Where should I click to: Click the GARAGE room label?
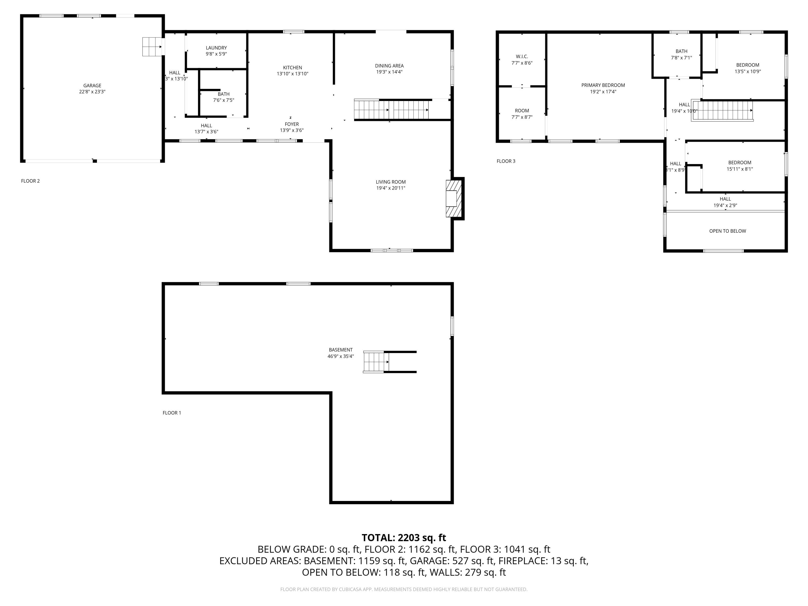point(92,85)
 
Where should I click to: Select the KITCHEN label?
point(292,68)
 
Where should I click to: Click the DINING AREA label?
point(389,66)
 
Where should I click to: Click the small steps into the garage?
point(152,47)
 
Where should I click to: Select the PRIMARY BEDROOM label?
point(603,85)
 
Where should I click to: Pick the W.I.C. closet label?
point(522,57)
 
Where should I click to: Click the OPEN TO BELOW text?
point(727,231)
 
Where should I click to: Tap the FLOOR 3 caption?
point(506,161)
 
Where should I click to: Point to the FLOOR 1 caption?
point(172,413)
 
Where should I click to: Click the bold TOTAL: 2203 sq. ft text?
point(404,538)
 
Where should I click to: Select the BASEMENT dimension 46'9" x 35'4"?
point(340,356)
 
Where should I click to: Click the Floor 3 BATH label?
point(681,51)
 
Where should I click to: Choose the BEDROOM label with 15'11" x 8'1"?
point(739,163)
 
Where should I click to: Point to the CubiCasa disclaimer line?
point(404,589)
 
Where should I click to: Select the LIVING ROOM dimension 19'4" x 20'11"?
point(391,188)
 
